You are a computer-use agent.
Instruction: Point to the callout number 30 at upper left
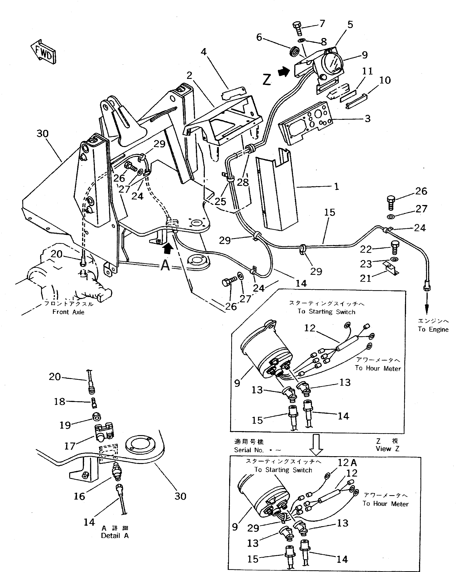pyautogui.click(x=42, y=133)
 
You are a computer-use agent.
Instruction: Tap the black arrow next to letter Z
pyautogui.click(x=284, y=72)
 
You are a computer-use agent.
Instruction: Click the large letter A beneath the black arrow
pyautogui.click(x=165, y=265)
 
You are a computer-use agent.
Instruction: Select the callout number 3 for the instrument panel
pyautogui.click(x=367, y=119)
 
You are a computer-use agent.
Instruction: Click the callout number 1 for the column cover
pyautogui.click(x=336, y=187)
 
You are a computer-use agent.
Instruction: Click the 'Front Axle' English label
pyautogui.click(x=68, y=312)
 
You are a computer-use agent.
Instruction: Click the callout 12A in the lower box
pyautogui.click(x=347, y=463)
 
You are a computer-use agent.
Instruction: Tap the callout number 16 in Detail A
pyautogui.click(x=79, y=496)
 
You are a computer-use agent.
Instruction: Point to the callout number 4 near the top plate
pyautogui.click(x=204, y=52)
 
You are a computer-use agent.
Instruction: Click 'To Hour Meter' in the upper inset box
pyautogui.click(x=378, y=368)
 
